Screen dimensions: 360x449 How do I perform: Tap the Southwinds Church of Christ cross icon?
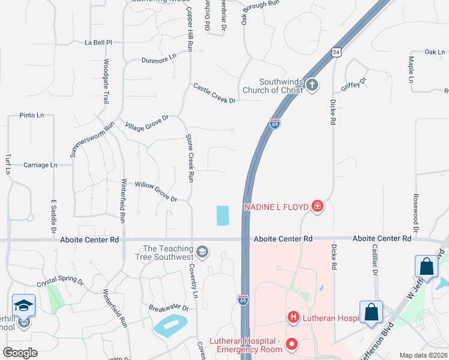[x=312, y=85]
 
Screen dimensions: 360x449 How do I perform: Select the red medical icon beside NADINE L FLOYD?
[x=318, y=208]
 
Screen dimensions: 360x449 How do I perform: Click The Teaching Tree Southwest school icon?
[x=202, y=251]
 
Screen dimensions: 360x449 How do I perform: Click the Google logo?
[x=20, y=353]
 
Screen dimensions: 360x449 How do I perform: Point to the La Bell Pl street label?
[x=99, y=43]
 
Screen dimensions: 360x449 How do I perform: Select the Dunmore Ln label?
[x=159, y=58]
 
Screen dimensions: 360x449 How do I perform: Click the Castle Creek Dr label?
[x=214, y=94]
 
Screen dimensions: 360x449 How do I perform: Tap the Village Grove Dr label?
[x=147, y=122]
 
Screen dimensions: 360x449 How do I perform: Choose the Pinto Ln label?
[x=32, y=115]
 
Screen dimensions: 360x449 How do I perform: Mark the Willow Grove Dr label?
[x=156, y=191]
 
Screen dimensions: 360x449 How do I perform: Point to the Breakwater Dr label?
[x=169, y=308]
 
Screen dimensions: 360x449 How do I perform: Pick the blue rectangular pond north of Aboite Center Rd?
[x=222, y=215]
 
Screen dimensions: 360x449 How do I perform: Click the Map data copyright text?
[x=423, y=355]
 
